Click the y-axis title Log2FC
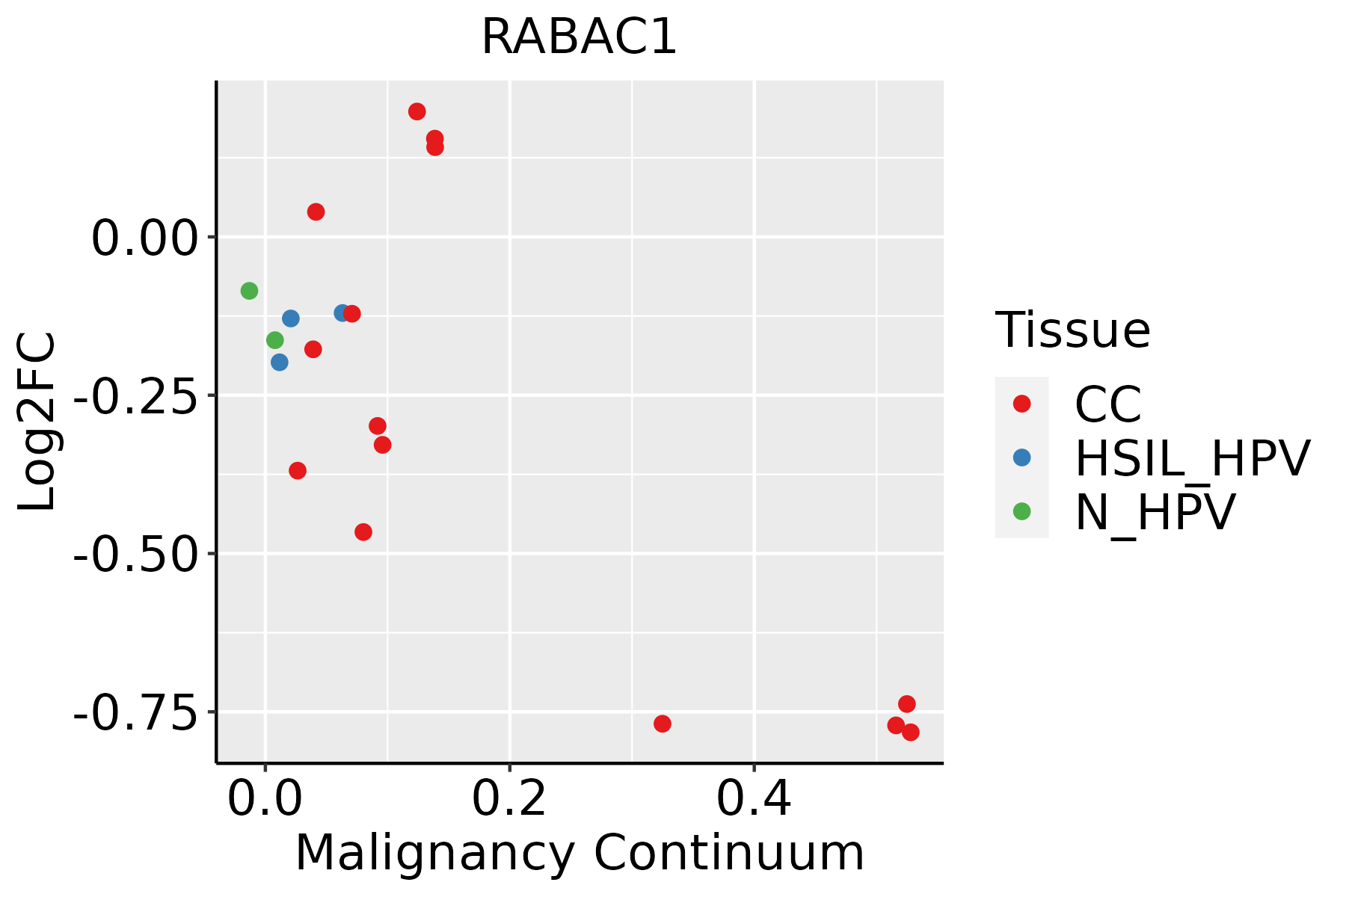pyautogui.click(x=37, y=422)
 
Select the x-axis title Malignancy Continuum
pyautogui.click(x=580, y=853)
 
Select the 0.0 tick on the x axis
pyautogui.click(x=265, y=799)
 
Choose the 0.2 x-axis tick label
pyautogui.click(x=509, y=799)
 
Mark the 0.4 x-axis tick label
pyautogui.click(x=754, y=799)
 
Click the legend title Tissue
pyautogui.click(x=1072, y=330)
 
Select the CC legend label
pyautogui.click(x=1107, y=404)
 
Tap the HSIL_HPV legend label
pyautogui.click(x=1192, y=458)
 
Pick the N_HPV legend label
pyautogui.click(x=1155, y=512)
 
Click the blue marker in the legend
pyautogui.click(x=1021, y=457)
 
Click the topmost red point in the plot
pyautogui.click(x=417, y=112)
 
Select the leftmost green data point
pyautogui.click(x=250, y=291)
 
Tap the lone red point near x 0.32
pyautogui.click(x=663, y=724)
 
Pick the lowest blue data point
pyautogui.click(x=280, y=363)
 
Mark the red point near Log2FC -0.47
pyautogui.click(x=363, y=532)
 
